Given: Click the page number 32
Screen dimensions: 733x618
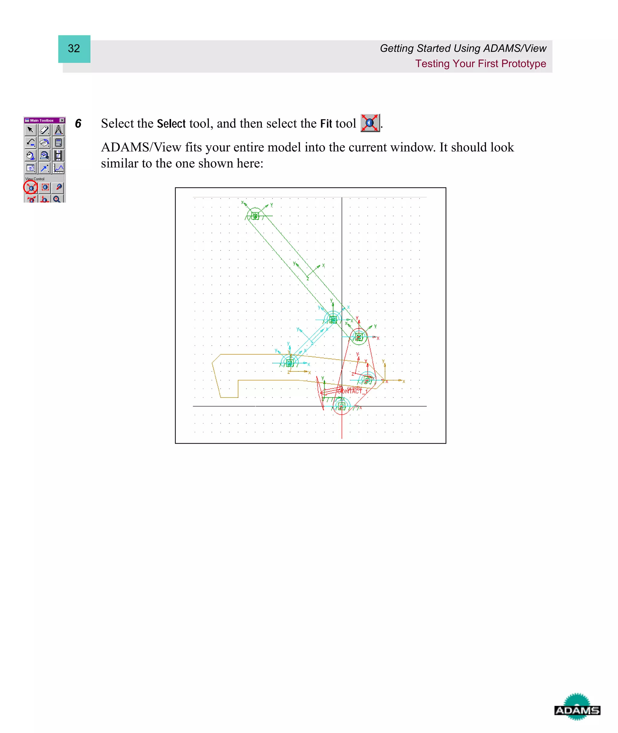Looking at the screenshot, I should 74,49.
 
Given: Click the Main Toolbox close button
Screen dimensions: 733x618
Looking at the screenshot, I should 62,120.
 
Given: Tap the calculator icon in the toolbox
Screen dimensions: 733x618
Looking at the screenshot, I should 59,143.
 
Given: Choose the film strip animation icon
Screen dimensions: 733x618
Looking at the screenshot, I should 59,155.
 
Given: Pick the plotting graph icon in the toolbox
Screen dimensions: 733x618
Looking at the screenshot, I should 59,168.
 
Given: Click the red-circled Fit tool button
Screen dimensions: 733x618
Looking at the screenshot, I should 31,188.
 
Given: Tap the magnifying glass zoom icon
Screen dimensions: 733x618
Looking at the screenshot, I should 57,199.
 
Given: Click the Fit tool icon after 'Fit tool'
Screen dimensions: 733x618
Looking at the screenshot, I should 370,123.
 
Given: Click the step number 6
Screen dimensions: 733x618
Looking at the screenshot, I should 78,124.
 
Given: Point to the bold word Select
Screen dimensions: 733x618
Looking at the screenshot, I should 171,124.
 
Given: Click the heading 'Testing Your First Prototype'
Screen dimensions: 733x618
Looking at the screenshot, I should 480,64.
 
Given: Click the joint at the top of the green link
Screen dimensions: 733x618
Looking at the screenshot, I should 255,216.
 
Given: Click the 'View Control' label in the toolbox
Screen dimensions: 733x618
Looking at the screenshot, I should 35,179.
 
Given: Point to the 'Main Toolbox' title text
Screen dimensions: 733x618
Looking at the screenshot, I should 42,120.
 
